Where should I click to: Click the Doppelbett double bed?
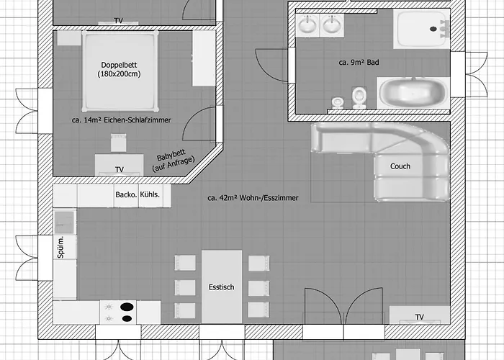coord(120,71)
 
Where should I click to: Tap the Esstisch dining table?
coord(222,287)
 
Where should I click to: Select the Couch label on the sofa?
coord(400,166)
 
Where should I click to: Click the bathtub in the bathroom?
coord(413,92)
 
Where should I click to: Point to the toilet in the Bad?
coord(359,97)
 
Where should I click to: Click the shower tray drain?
coord(433,29)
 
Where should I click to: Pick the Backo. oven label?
coord(126,194)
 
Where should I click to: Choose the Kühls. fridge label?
coord(150,194)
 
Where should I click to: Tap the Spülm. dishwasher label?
coord(60,247)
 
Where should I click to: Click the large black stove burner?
coord(127,307)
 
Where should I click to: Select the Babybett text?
coord(171,156)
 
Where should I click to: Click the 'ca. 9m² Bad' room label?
coord(359,63)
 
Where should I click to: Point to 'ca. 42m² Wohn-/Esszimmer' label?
coord(253,198)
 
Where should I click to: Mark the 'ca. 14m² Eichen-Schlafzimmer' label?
coord(121,120)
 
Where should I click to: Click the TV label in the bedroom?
coord(120,169)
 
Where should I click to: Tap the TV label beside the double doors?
coord(420,318)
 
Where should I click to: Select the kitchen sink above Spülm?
coord(64,222)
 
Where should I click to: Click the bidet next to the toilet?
coord(338,102)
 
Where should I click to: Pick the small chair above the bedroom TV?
coord(118,143)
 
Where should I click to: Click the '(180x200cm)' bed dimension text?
coord(120,74)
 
